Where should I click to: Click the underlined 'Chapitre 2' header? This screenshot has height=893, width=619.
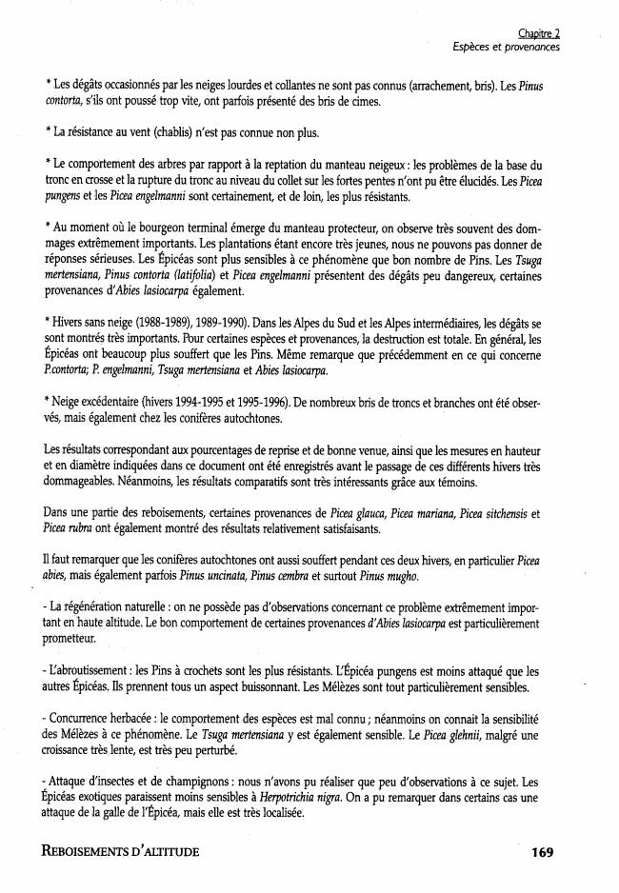pyautogui.click(x=539, y=32)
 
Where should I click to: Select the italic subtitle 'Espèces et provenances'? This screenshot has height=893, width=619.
pyautogui.click(x=507, y=47)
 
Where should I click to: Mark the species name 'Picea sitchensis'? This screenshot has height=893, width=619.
pyautogui.click(x=492, y=513)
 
